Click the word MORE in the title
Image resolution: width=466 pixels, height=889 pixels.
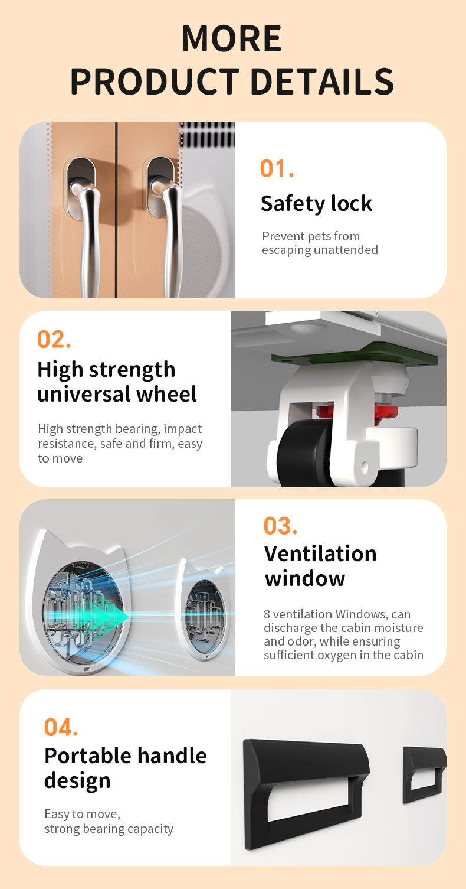(x=231, y=38)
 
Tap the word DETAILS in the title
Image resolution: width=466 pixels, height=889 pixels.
(x=322, y=82)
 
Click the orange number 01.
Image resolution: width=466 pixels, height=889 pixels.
(x=277, y=168)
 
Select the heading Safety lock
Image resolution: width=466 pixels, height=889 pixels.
(x=316, y=204)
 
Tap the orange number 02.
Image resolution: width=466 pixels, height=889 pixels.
(x=54, y=340)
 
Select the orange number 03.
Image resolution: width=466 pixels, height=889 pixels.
(x=281, y=526)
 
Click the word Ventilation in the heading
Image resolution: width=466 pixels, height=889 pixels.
(x=320, y=553)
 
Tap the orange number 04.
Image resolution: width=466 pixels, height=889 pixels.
(x=61, y=728)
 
